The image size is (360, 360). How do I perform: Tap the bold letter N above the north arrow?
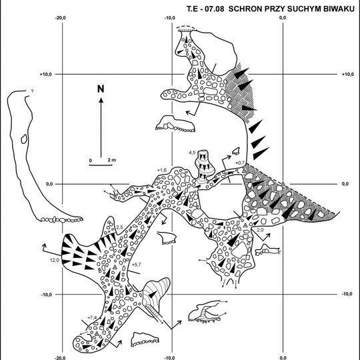click(x=101, y=89)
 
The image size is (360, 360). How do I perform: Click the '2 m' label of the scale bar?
click(x=112, y=160)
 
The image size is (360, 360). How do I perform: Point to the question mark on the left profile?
click(x=32, y=91)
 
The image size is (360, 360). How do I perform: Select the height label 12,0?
click(x=55, y=260)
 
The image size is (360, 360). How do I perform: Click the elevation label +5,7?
click(x=136, y=265)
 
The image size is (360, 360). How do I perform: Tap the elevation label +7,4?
click(x=92, y=318)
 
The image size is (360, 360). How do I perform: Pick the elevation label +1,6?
click(x=162, y=170)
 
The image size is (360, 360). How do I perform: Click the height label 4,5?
click(x=192, y=153)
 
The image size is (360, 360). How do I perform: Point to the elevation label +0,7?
click(x=240, y=163)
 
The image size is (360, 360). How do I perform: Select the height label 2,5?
click(x=119, y=227)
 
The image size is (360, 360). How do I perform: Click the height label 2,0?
click(x=260, y=229)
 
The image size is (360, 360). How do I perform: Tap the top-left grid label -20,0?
click(x=61, y=18)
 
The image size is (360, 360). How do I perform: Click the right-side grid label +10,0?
click(x=348, y=74)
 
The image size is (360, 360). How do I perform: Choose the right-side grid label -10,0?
click(x=347, y=294)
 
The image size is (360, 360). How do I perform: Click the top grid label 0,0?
click(x=283, y=18)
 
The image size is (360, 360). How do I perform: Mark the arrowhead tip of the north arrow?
click(x=101, y=98)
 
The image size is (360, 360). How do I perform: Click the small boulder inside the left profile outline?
click(x=24, y=139)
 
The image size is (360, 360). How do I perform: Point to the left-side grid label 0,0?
click(x=50, y=184)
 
